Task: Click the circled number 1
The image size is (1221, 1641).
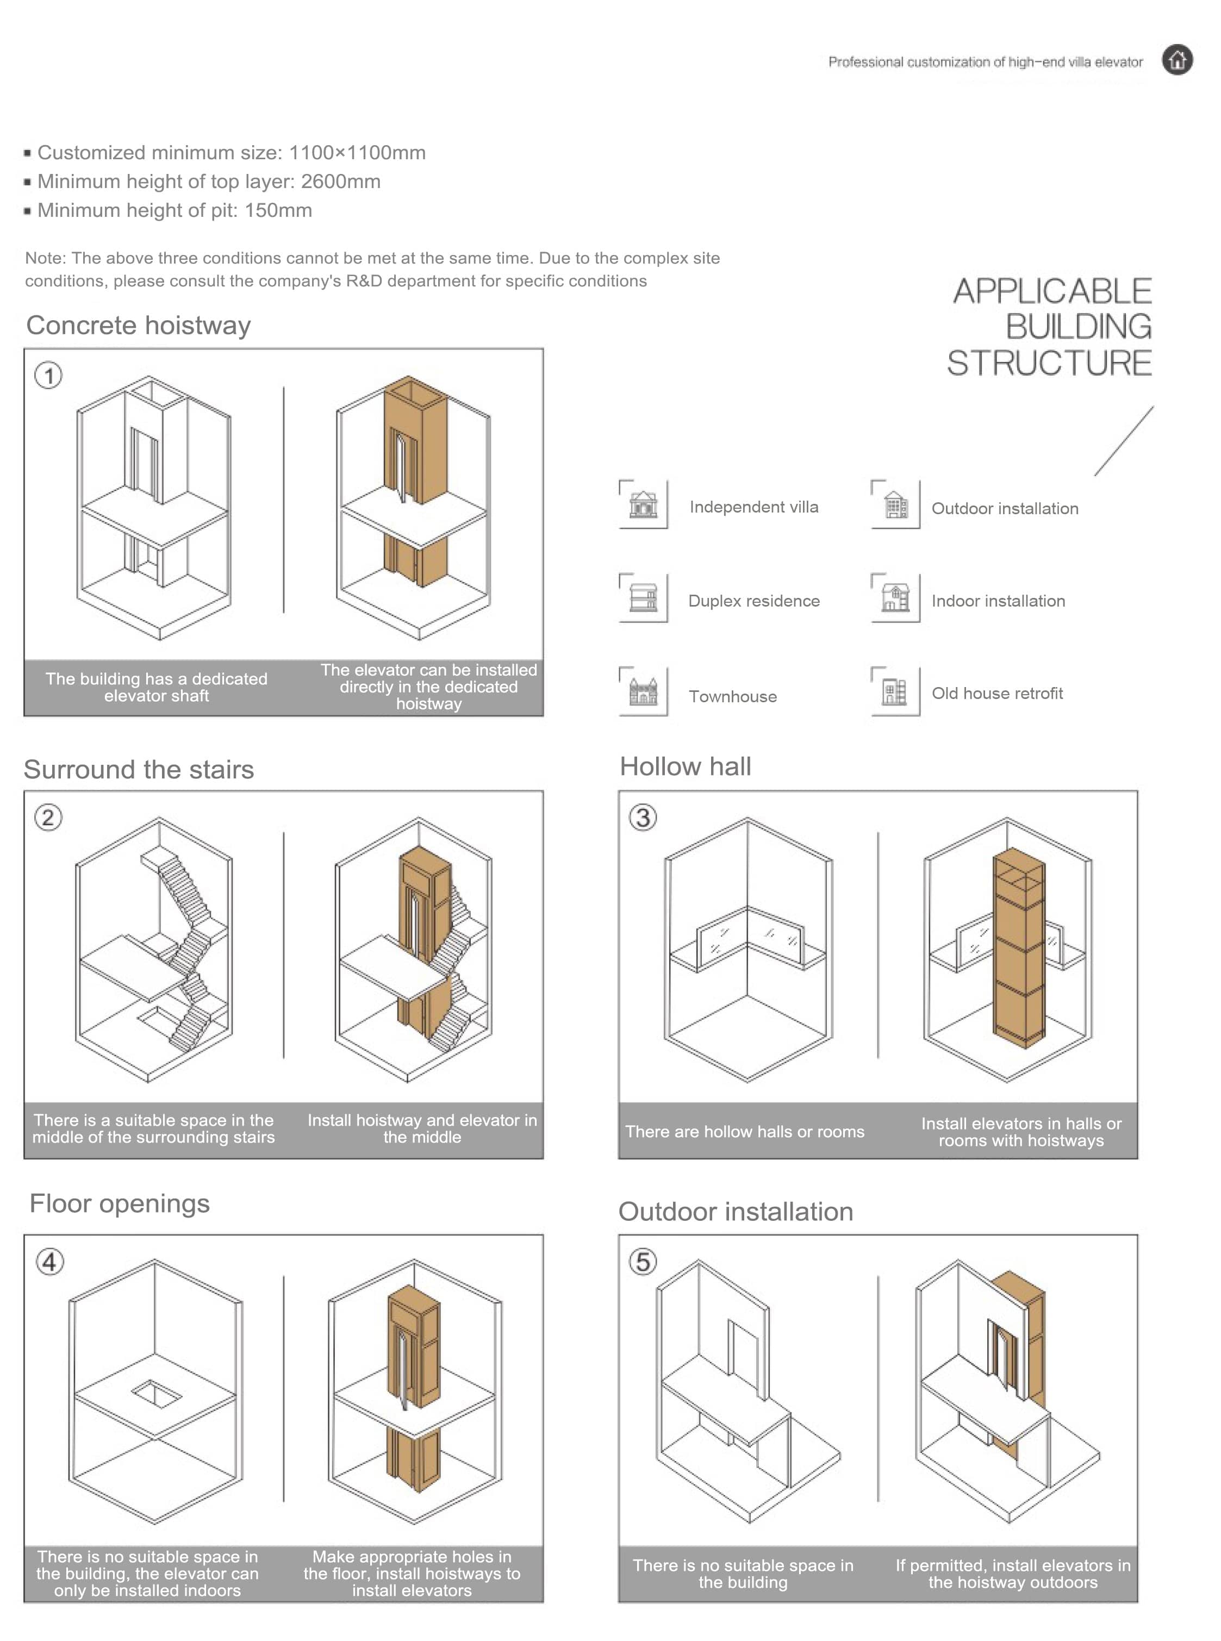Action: [49, 376]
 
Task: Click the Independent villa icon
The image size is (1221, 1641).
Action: [643, 504]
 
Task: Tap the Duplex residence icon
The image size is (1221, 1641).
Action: [643, 598]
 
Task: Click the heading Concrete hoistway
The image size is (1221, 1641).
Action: [138, 325]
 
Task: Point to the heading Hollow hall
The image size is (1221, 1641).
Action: [685, 766]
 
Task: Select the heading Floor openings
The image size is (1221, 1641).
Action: [120, 1203]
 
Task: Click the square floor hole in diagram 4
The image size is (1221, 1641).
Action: [156, 1394]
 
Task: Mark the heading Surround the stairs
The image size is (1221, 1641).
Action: [139, 770]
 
